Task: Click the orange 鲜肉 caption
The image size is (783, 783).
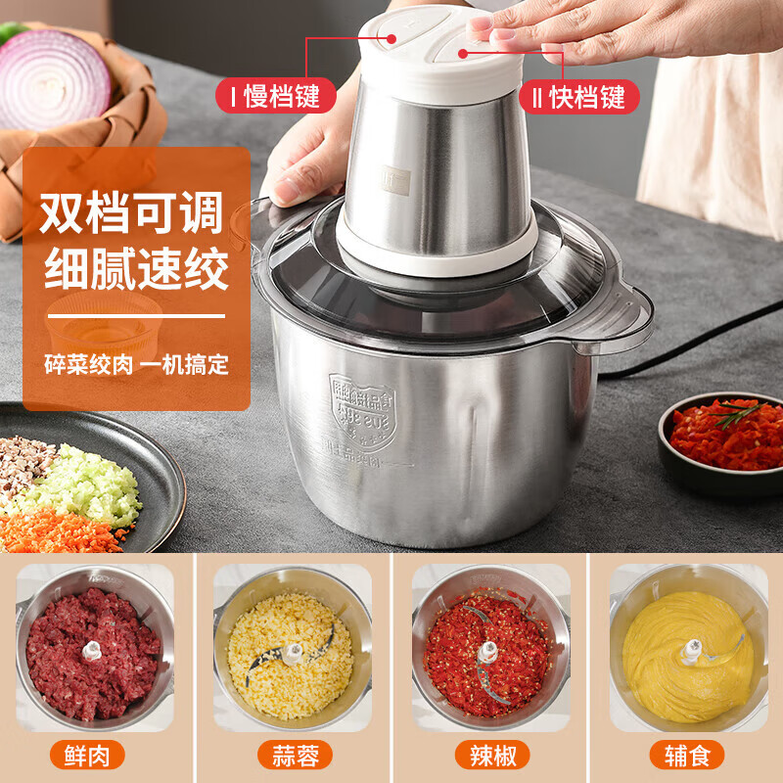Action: tap(95, 755)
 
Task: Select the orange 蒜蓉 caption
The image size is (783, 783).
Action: tap(293, 755)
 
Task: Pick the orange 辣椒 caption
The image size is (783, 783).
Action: tap(490, 755)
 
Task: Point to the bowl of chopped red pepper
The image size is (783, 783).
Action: tap(725, 435)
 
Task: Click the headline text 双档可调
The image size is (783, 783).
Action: tap(132, 214)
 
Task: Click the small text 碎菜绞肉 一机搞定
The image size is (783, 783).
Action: tap(136, 365)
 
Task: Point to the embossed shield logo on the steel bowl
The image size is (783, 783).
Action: tap(362, 411)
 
